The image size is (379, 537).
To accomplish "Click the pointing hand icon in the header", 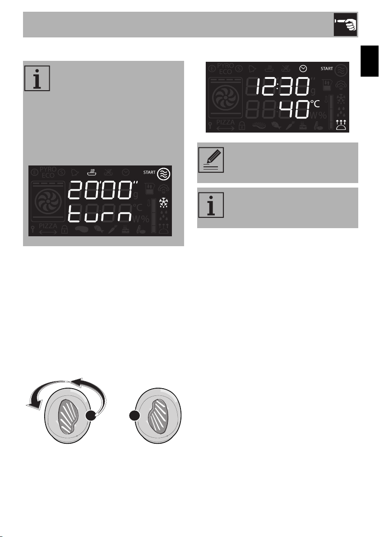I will coord(345,24).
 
